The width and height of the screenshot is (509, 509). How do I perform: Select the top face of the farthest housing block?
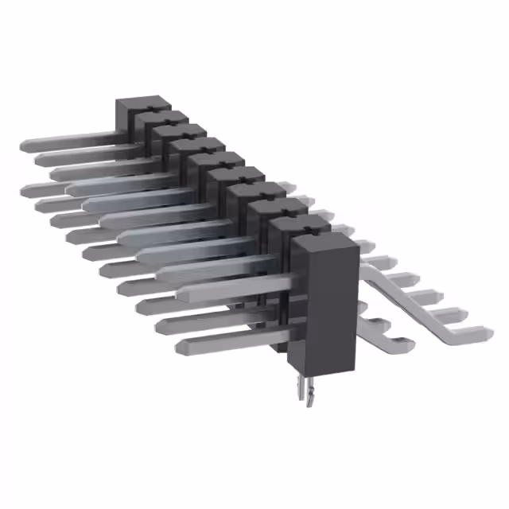click(x=144, y=104)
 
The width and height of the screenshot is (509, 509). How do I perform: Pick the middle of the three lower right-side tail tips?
click(x=380, y=324)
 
